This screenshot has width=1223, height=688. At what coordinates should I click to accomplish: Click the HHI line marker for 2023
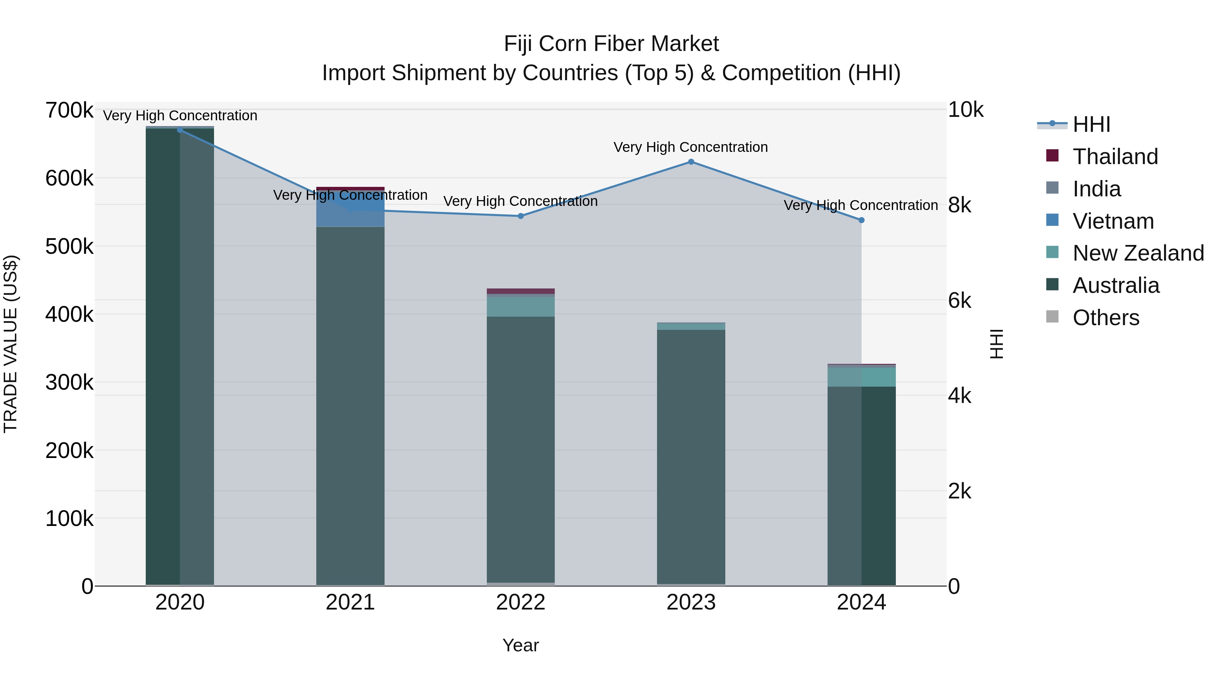[691, 162]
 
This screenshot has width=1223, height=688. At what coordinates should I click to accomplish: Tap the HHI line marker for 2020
[180, 130]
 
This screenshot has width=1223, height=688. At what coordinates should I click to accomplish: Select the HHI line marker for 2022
[520, 216]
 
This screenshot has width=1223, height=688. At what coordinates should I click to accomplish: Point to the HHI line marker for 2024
[861, 220]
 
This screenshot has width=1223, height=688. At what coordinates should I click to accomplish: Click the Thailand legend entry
[1115, 157]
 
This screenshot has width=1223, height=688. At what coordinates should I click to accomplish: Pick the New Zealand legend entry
[1137, 253]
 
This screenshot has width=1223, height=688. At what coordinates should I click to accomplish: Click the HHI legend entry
[1091, 124]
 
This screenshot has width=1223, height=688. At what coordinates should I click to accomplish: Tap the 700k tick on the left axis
[69, 111]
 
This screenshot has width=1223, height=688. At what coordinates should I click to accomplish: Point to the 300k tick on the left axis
[69, 383]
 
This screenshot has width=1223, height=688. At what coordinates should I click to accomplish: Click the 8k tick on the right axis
[959, 206]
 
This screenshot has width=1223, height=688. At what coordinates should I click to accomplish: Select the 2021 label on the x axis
[350, 602]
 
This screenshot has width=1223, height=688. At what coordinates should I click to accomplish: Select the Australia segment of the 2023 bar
[691, 456]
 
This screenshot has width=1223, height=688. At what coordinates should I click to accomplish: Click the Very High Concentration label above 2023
[690, 147]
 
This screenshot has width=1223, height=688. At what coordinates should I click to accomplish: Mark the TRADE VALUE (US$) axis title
[11, 344]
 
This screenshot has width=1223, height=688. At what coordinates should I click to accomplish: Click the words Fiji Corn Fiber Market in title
[611, 44]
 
